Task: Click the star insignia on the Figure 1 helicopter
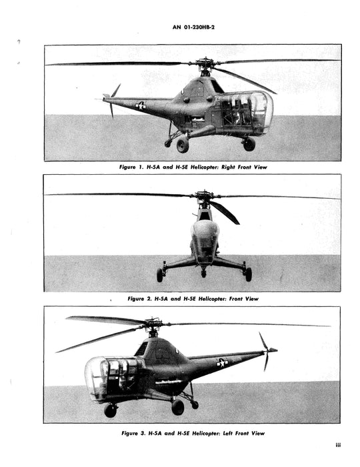pos(141,105)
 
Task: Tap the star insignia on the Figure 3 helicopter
pos(222,362)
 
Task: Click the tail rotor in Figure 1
pos(111,98)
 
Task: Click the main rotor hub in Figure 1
pos(205,65)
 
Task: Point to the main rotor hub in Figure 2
pos(205,197)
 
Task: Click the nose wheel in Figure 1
pos(249,143)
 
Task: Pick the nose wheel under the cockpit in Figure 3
pos(111,410)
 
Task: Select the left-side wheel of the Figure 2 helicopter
pos(160,274)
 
